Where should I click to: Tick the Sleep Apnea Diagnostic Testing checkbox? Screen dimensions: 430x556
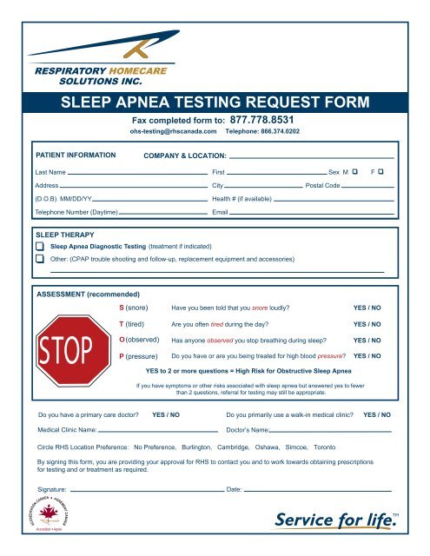pyautogui.click(x=40, y=247)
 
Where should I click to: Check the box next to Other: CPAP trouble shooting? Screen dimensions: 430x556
pyautogui.click(x=40, y=259)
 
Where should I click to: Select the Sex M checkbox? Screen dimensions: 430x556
pyautogui.click(x=355, y=174)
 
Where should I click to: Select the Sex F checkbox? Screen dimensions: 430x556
pyautogui.click(x=382, y=174)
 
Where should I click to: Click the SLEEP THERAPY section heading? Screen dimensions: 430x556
pyautogui.click(x=65, y=235)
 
